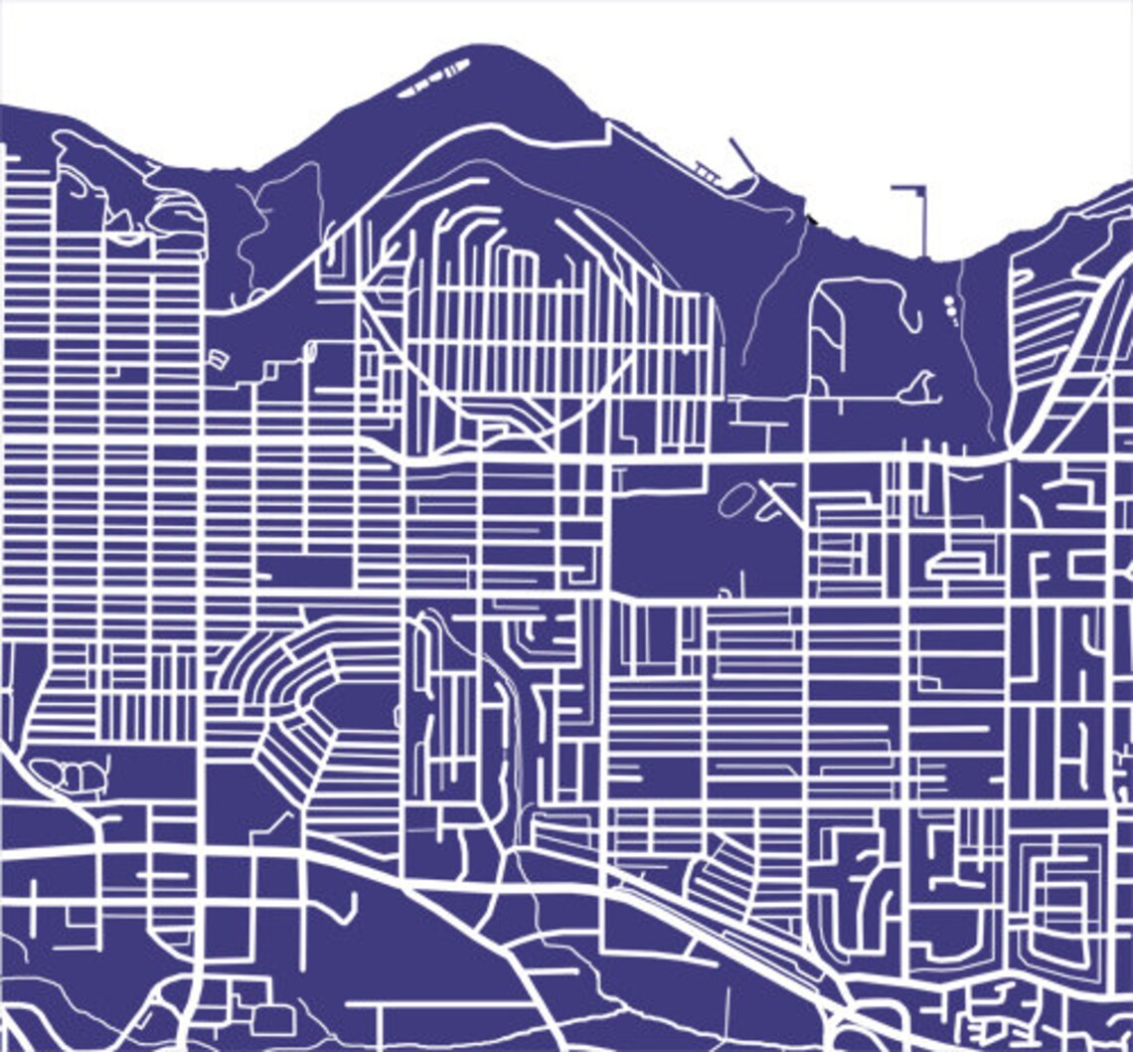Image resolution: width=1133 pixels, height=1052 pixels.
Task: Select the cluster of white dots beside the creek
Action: point(950,309)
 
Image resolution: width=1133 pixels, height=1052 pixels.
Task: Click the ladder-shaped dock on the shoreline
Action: point(708,172)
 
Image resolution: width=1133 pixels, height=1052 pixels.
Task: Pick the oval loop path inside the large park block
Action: point(735,499)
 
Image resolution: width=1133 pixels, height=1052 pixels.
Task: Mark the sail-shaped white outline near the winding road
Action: point(919,388)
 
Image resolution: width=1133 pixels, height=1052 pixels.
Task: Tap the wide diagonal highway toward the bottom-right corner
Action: point(755,945)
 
